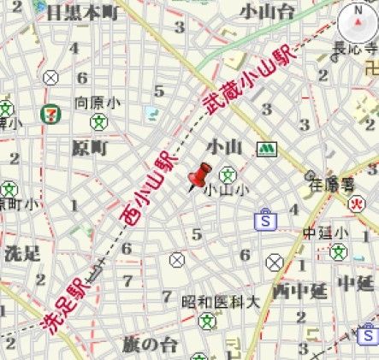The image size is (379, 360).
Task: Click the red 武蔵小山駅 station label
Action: click(x=248, y=82)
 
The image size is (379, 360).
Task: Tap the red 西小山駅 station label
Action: click(x=151, y=190)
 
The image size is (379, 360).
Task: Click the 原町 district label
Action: click(x=90, y=148)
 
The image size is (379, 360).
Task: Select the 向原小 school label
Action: click(x=95, y=102)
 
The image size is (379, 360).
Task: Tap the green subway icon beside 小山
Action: click(x=269, y=149)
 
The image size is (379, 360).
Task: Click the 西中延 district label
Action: click(x=299, y=291)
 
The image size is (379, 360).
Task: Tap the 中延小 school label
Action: click(x=326, y=233)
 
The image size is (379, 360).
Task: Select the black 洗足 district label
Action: click(x=22, y=253)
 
